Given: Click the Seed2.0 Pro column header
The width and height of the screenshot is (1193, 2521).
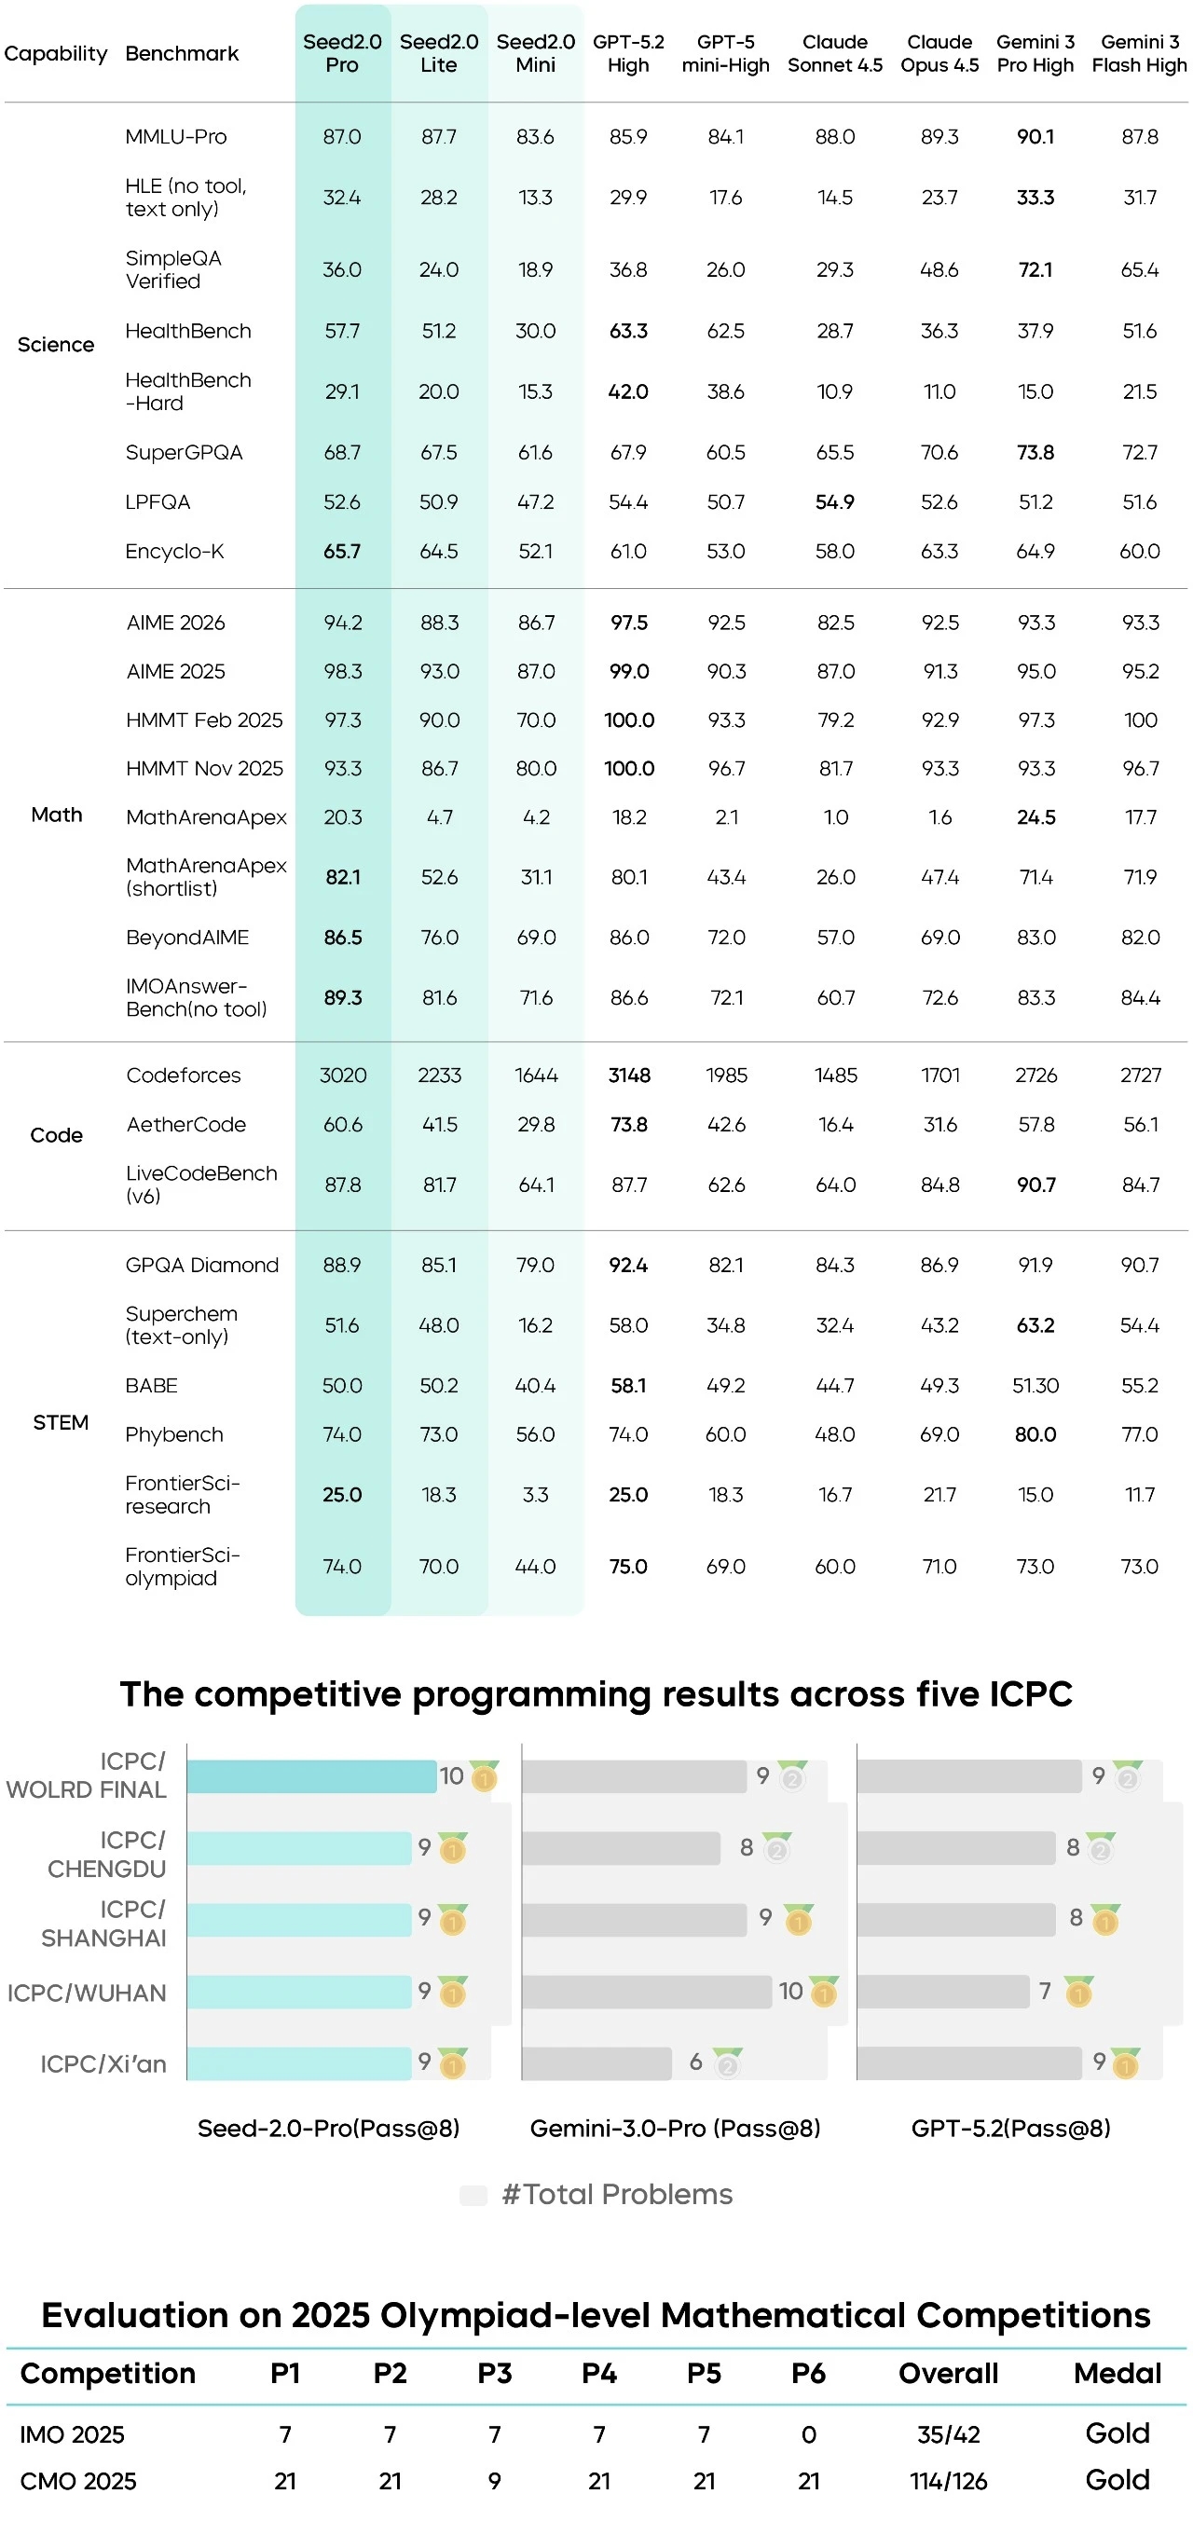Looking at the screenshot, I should (x=341, y=54).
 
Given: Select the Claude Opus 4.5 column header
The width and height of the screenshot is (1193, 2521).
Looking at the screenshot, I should (x=939, y=54).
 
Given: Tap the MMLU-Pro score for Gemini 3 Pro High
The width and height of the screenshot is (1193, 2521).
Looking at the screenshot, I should (x=1035, y=137).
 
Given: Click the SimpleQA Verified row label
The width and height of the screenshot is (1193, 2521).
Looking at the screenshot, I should (x=173, y=269).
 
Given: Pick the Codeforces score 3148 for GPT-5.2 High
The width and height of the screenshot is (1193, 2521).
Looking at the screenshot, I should (x=628, y=1075).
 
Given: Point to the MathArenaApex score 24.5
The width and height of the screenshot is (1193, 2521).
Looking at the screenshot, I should (x=1035, y=817).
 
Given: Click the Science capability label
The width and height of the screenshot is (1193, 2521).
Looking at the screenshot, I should (x=56, y=345).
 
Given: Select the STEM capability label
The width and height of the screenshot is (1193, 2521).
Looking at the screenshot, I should (x=61, y=1422).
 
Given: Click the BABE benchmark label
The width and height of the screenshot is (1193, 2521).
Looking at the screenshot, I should (x=152, y=1386).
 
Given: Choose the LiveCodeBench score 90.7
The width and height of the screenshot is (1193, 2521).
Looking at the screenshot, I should (x=1035, y=1185).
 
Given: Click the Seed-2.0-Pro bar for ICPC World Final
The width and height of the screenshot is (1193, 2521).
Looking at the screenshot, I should (x=311, y=1776).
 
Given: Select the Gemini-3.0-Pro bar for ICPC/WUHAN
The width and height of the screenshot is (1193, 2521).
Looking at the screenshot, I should (x=646, y=1992).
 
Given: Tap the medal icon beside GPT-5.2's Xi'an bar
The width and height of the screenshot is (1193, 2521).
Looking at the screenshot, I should (x=1126, y=2064).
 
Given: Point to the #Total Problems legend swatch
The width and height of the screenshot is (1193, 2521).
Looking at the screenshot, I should (x=473, y=2195).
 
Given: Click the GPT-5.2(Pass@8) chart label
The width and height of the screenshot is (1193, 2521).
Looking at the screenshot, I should (x=1010, y=2129).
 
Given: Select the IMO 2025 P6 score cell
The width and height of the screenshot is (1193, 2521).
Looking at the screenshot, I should (x=808, y=2434).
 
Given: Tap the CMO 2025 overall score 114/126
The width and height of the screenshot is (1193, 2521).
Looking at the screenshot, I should (x=947, y=2481).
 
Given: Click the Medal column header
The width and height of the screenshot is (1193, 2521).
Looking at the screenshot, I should (x=1117, y=2373).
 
